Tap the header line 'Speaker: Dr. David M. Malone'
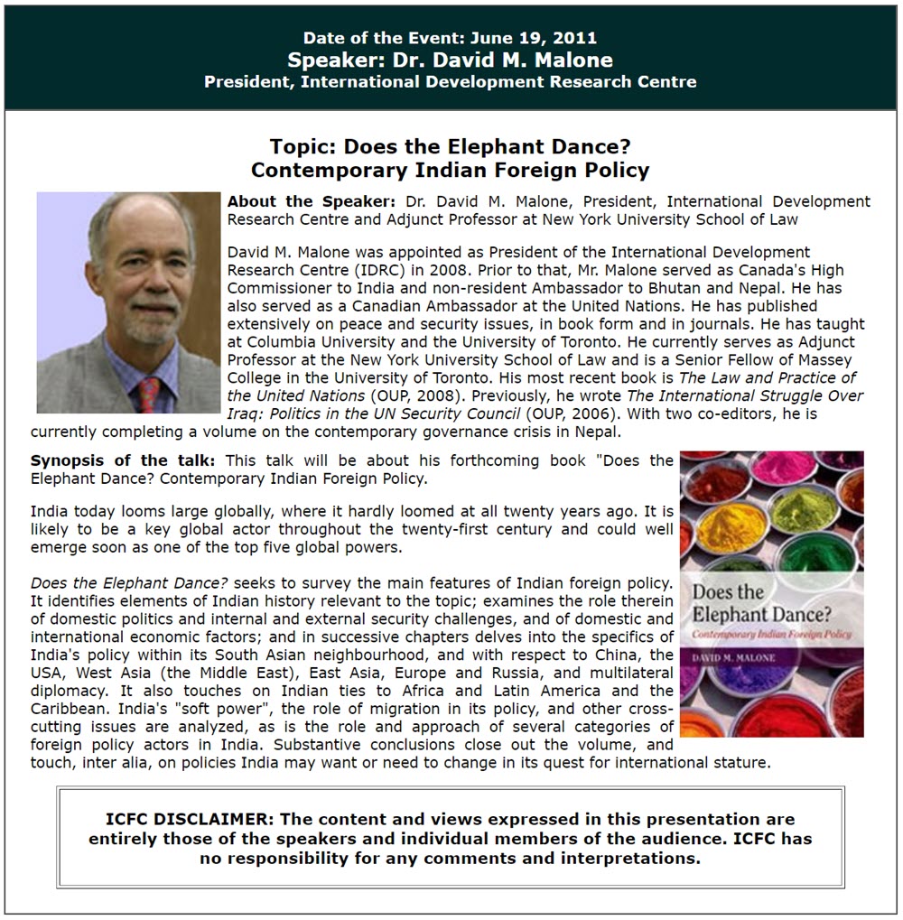(450, 60)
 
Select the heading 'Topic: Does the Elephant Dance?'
(450, 147)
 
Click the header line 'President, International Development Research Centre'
(450, 82)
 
